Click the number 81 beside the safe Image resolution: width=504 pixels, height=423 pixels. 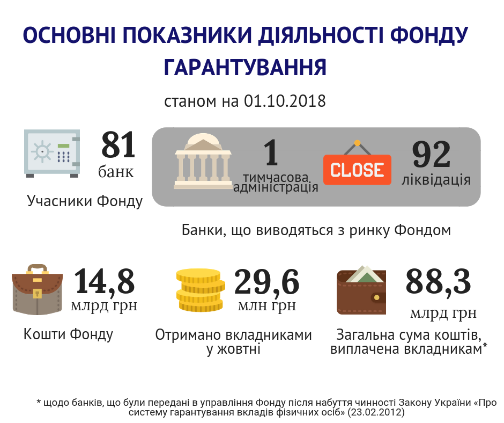pos(118,145)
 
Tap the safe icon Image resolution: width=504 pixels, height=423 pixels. pos(52,153)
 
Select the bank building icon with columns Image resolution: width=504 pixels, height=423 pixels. pos(203,161)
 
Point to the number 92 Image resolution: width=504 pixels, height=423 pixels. pos(431,156)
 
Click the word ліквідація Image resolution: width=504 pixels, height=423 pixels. pos(436,179)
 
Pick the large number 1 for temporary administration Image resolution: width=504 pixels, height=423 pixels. pos(271,152)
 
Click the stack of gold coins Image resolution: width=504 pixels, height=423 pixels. pos(199,290)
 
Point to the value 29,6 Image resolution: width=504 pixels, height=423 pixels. pos(266,282)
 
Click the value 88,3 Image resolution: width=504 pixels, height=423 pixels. pos(438,281)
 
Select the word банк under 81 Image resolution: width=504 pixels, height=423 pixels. pos(116,172)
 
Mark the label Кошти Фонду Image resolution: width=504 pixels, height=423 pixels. pos(69,334)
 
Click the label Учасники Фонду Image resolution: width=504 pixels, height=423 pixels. pos(85,201)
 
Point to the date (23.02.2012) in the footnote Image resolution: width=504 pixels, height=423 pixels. pos(375,413)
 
